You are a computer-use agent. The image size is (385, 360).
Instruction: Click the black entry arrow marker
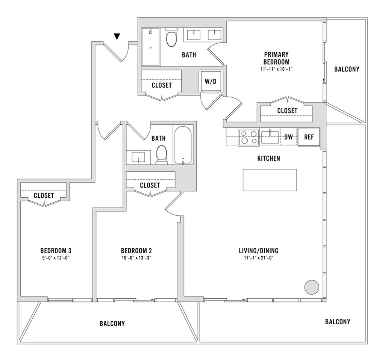(117, 36)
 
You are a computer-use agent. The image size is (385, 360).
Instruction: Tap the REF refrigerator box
(309, 137)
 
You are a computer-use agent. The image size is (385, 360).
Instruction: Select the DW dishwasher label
(288, 137)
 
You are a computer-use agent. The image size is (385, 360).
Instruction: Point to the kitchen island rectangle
(270, 180)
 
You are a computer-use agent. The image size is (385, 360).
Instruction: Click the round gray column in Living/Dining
(311, 287)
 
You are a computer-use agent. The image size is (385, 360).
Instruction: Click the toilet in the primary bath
(171, 38)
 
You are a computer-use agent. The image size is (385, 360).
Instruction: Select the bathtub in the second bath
(183, 145)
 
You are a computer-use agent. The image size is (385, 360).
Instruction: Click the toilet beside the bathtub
(161, 154)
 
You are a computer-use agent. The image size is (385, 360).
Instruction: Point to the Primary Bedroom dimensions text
(276, 69)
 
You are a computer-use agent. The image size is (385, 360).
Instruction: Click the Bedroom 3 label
(56, 251)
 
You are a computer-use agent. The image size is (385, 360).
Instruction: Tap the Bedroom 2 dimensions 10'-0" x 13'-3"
(136, 258)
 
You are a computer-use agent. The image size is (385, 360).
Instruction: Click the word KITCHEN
(268, 159)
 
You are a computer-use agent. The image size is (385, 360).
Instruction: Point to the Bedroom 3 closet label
(44, 196)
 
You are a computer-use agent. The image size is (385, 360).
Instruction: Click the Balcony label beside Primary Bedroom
(347, 69)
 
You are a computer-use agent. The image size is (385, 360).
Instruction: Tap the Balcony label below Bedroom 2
(112, 324)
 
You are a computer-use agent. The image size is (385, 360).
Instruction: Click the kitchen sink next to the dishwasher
(270, 137)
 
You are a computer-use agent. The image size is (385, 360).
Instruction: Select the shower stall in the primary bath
(150, 47)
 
